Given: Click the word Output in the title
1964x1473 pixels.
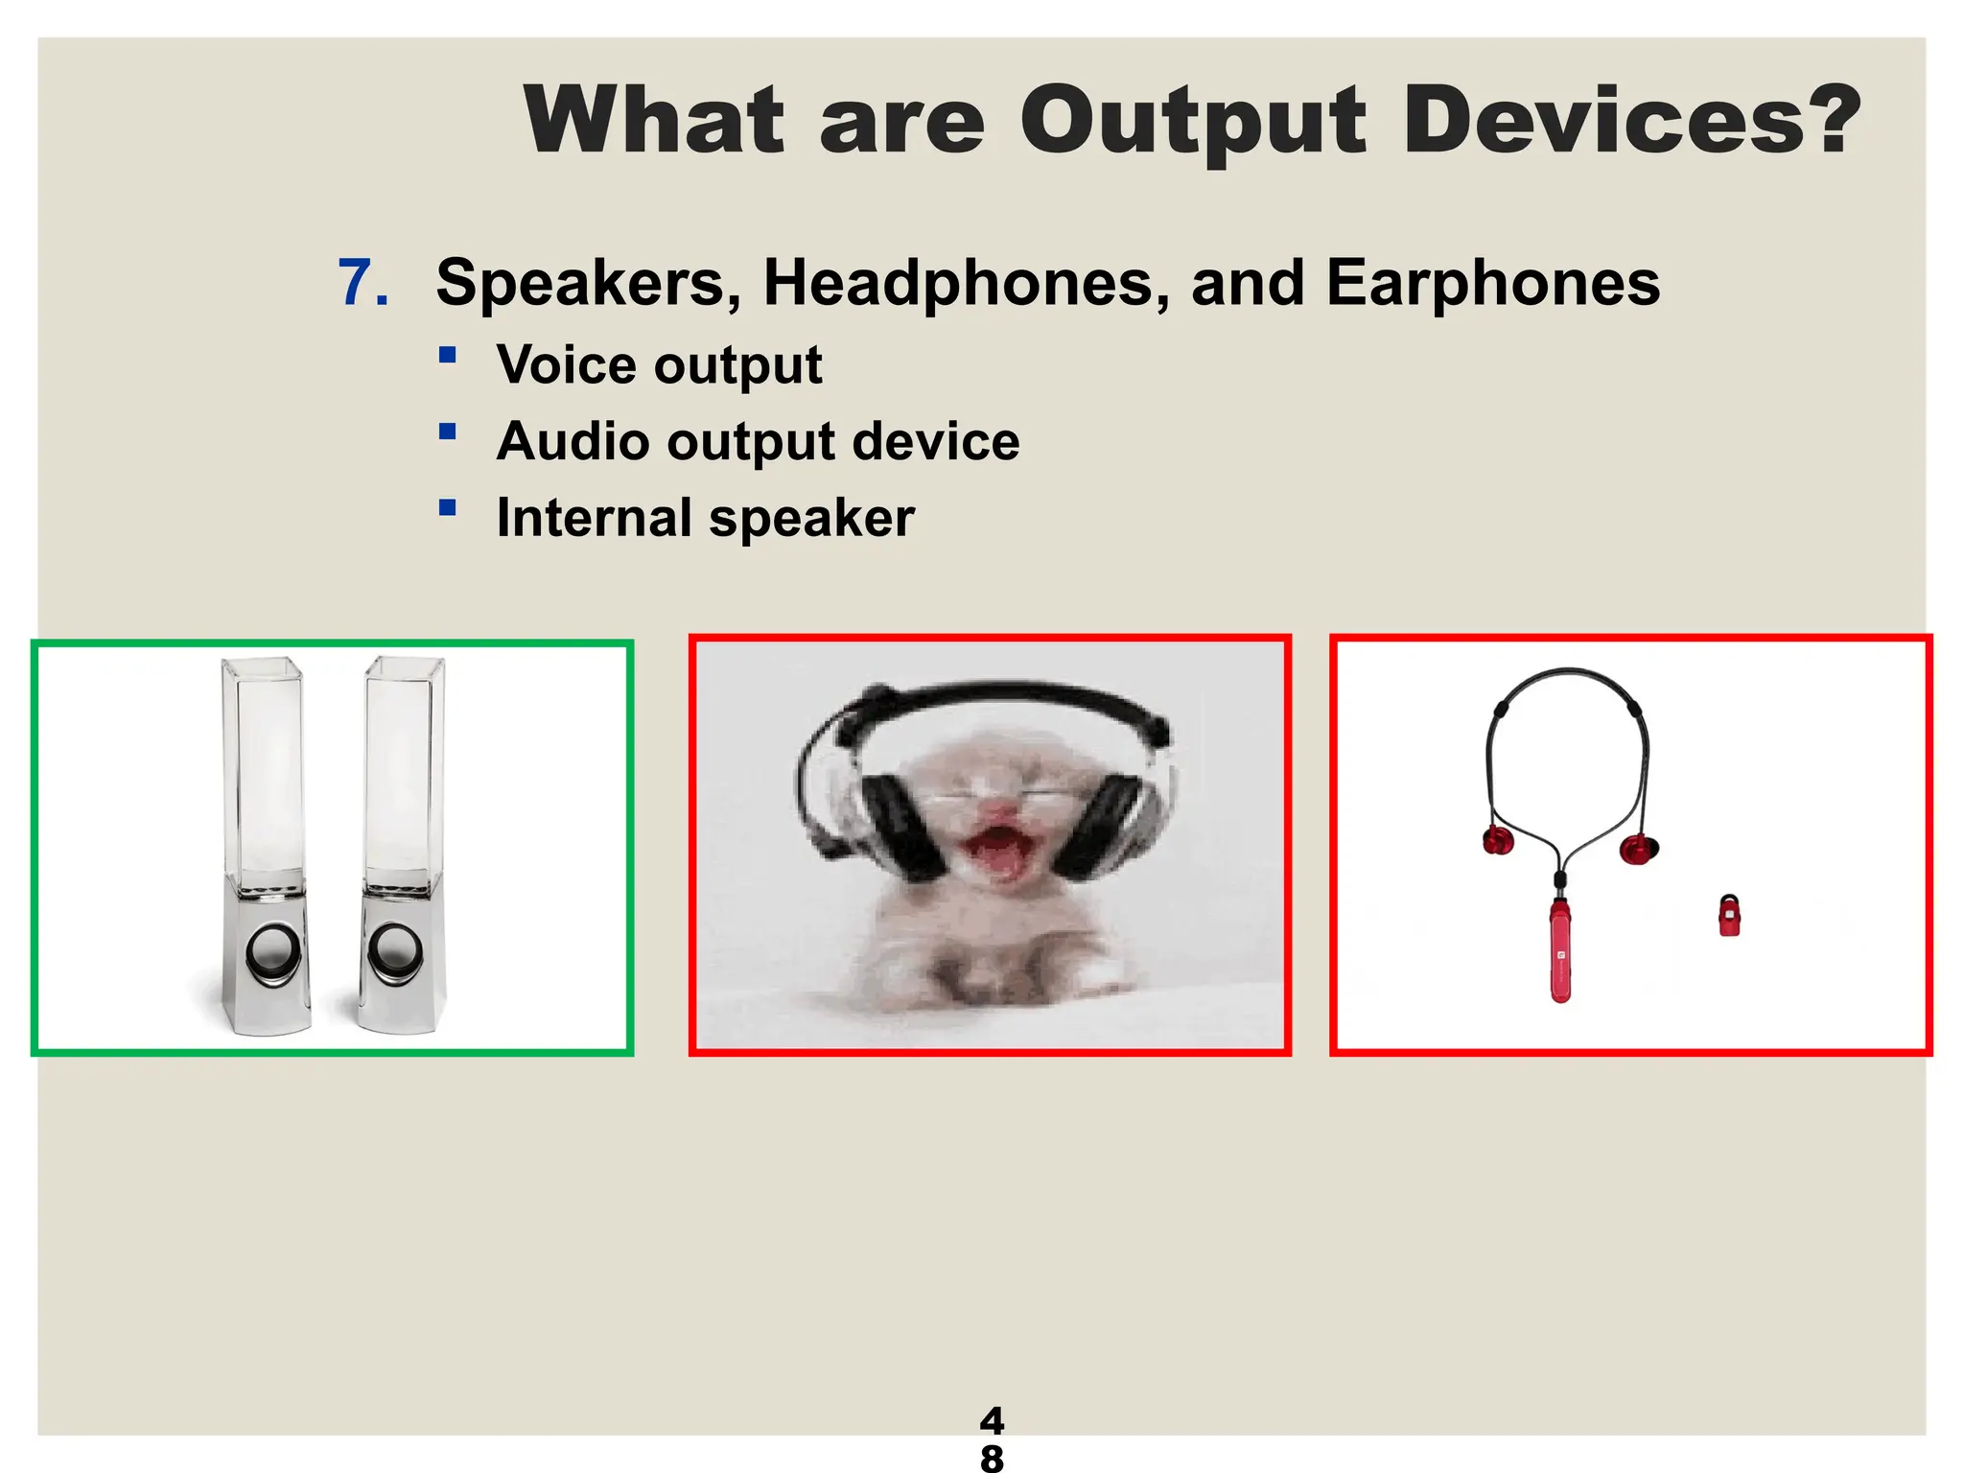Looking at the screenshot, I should point(1192,122).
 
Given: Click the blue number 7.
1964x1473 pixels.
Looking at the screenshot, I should point(362,284).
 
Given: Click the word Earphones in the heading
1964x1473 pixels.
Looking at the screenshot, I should point(1492,284).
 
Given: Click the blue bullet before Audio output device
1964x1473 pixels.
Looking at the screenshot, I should point(447,432).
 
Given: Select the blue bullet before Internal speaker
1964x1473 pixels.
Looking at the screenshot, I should point(447,507).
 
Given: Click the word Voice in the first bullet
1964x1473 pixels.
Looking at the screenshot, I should point(566,365).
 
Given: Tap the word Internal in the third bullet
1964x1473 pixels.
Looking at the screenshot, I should point(594,519).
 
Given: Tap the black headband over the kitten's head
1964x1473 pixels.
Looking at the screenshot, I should point(997,696).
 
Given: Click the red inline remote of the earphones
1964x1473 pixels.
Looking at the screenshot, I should point(1560,949).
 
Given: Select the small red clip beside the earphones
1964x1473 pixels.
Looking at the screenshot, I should point(1729,916).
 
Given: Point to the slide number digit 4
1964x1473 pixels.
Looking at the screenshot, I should point(992,1419).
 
